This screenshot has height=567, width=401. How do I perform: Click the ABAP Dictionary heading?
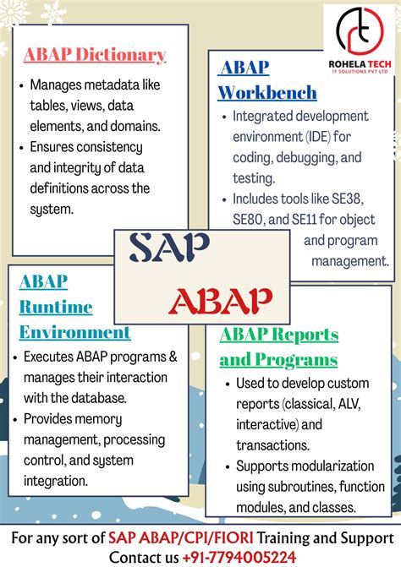[95, 56]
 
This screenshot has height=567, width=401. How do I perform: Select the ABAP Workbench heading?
[267, 80]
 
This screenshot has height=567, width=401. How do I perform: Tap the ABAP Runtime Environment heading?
[74, 306]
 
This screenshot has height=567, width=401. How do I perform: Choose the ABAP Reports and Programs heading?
[278, 347]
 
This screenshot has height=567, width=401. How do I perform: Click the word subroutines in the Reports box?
[307, 486]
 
